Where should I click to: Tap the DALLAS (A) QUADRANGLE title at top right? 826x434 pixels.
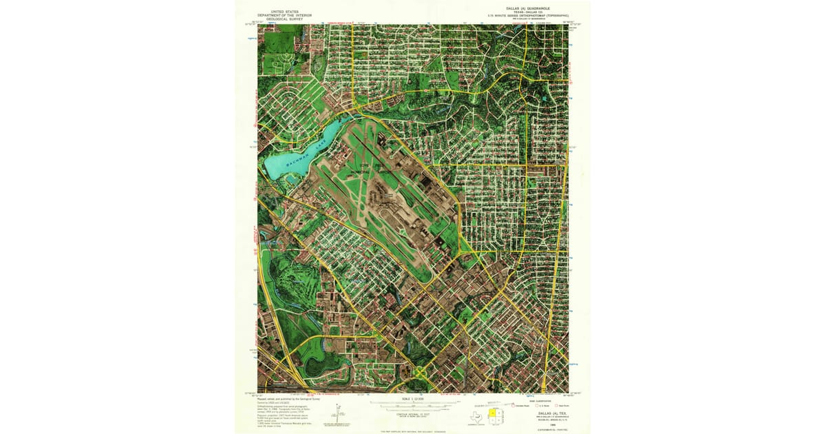[x=527, y=9]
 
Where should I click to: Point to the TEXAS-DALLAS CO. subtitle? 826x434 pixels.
[x=527, y=12]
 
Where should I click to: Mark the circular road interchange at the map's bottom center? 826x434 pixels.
[x=421, y=372]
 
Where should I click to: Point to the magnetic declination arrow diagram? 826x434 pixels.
[x=338, y=414]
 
